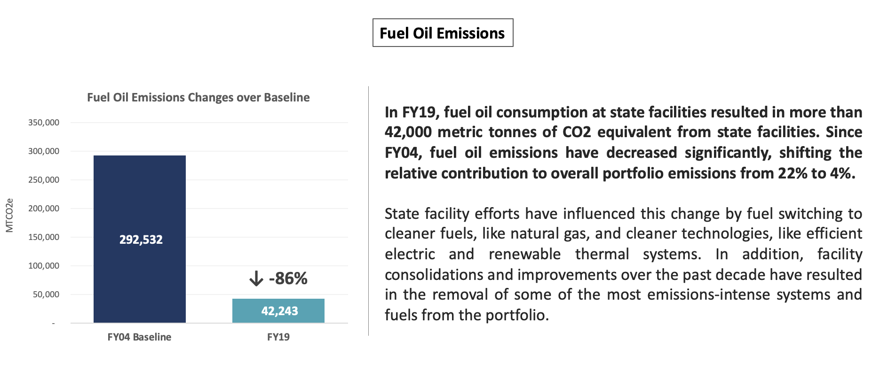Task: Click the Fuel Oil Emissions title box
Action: point(442,33)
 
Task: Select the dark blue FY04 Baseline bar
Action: point(139,197)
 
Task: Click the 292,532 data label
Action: point(141,240)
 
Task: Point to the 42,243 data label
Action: point(279,311)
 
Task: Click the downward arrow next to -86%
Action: point(256,279)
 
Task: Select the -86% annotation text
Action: point(288,279)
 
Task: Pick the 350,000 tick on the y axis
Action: point(44,123)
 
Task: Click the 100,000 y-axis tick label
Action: point(44,266)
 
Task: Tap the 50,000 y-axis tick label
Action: point(46,294)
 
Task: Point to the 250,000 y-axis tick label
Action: point(44,180)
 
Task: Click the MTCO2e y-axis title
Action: point(9,215)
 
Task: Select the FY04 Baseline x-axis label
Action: point(139,337)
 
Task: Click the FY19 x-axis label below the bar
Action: point(278,337)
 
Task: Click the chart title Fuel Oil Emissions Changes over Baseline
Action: point(198,97)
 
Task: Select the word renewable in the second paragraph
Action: point(524,254)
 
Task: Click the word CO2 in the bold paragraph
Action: point(577,132)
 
